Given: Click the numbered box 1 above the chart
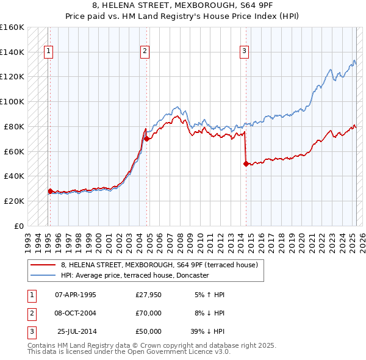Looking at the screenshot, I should click(x=48, y=52).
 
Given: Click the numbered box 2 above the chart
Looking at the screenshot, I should click(x=145, y=52).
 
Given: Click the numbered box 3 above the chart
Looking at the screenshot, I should click(x=244, y=52).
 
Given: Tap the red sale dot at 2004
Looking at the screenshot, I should click(x=147, y=139).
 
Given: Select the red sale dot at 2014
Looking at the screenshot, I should click(x=246, y=164).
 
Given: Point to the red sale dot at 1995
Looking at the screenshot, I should click(x=50, y=191).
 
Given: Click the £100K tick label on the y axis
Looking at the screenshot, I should click(x=12, y=101).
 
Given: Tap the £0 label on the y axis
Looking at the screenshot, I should click(x=18, y=226).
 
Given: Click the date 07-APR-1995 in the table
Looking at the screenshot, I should click(x=76, y=295).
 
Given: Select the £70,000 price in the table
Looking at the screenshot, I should click(x=149, y=313).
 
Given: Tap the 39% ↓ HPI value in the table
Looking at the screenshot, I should click(x=207, y=331).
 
